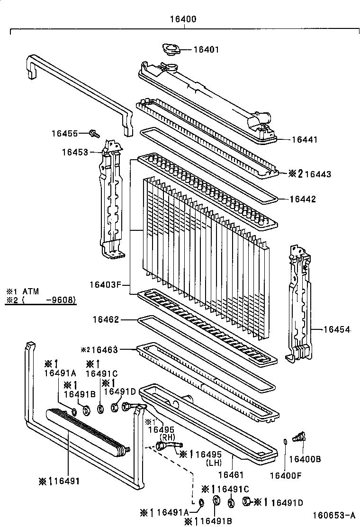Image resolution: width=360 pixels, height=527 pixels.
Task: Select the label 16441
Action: point(305,139)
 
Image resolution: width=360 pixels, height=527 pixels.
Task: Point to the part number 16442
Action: point(303,200)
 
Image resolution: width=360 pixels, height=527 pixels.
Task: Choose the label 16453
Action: point(74,152)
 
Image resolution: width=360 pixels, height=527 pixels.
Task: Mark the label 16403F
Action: point(102,285)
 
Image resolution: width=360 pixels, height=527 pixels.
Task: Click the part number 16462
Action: point(106,320)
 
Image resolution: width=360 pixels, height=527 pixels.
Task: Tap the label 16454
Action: point(337,329)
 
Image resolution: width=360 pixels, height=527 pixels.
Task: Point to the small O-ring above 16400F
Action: point(284,442)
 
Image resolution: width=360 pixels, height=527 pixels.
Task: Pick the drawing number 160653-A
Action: point(333,515)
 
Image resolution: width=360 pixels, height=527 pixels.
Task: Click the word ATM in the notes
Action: point(32,291)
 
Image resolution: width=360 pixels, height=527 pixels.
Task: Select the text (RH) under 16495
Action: point(168,436)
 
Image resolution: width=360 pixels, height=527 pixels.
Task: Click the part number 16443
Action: point(318,174)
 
